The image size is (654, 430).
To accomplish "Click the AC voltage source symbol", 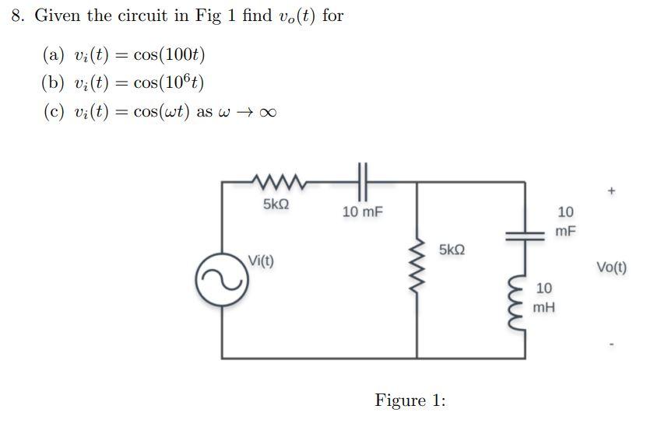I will point(223,281).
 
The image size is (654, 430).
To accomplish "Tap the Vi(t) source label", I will point(261,260).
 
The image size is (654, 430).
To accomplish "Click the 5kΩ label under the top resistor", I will point(276,205).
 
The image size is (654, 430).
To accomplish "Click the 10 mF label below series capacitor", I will point(363,212).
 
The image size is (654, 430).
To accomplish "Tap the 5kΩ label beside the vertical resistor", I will point(452,250).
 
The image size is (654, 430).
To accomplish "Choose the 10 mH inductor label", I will point(544,298).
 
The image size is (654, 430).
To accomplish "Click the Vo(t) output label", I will point(611,267).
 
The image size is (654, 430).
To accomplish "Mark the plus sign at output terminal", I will point(611,190).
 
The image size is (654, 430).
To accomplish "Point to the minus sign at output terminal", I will point(611,344).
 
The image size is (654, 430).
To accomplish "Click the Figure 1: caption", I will point(410,400).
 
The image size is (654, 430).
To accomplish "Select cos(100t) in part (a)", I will point(169,54).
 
